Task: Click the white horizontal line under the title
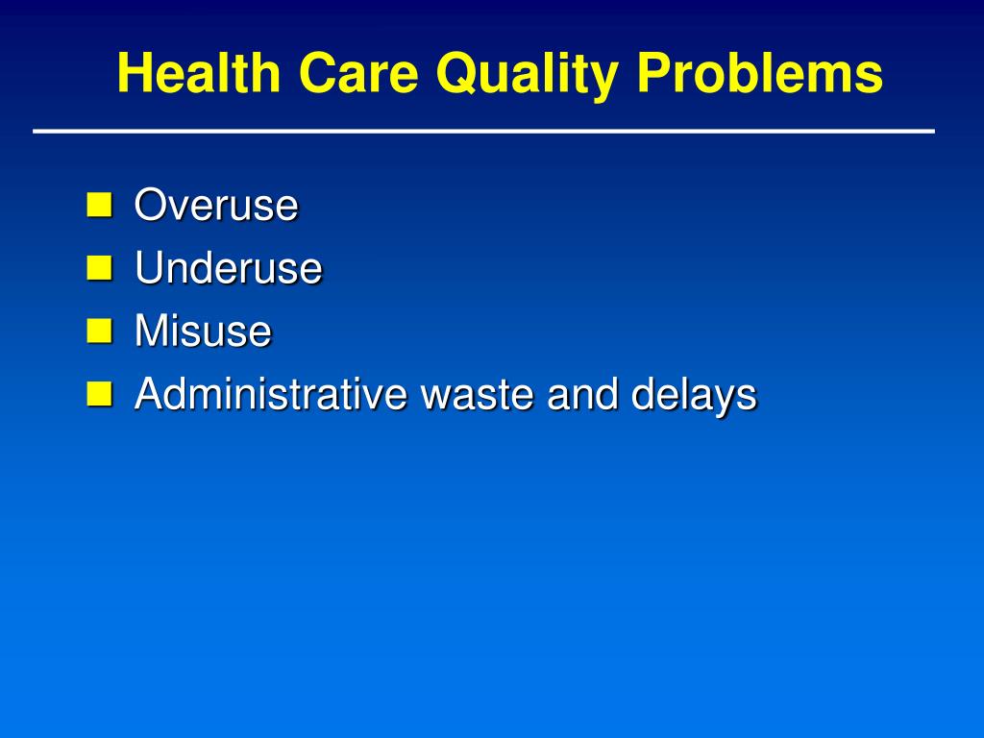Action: (x=483, y=131)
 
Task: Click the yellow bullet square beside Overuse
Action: (x=99, y=204)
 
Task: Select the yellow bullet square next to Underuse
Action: (x=99, y=267)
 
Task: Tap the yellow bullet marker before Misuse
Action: (x=99, y=331)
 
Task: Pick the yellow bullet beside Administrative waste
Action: (x=99, y=393)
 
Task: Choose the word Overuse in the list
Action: (x=216, y=205)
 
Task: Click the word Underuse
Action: (x=228, y=268)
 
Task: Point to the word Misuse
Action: (x=203, y=332)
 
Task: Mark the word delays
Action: (x=694, y=396)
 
